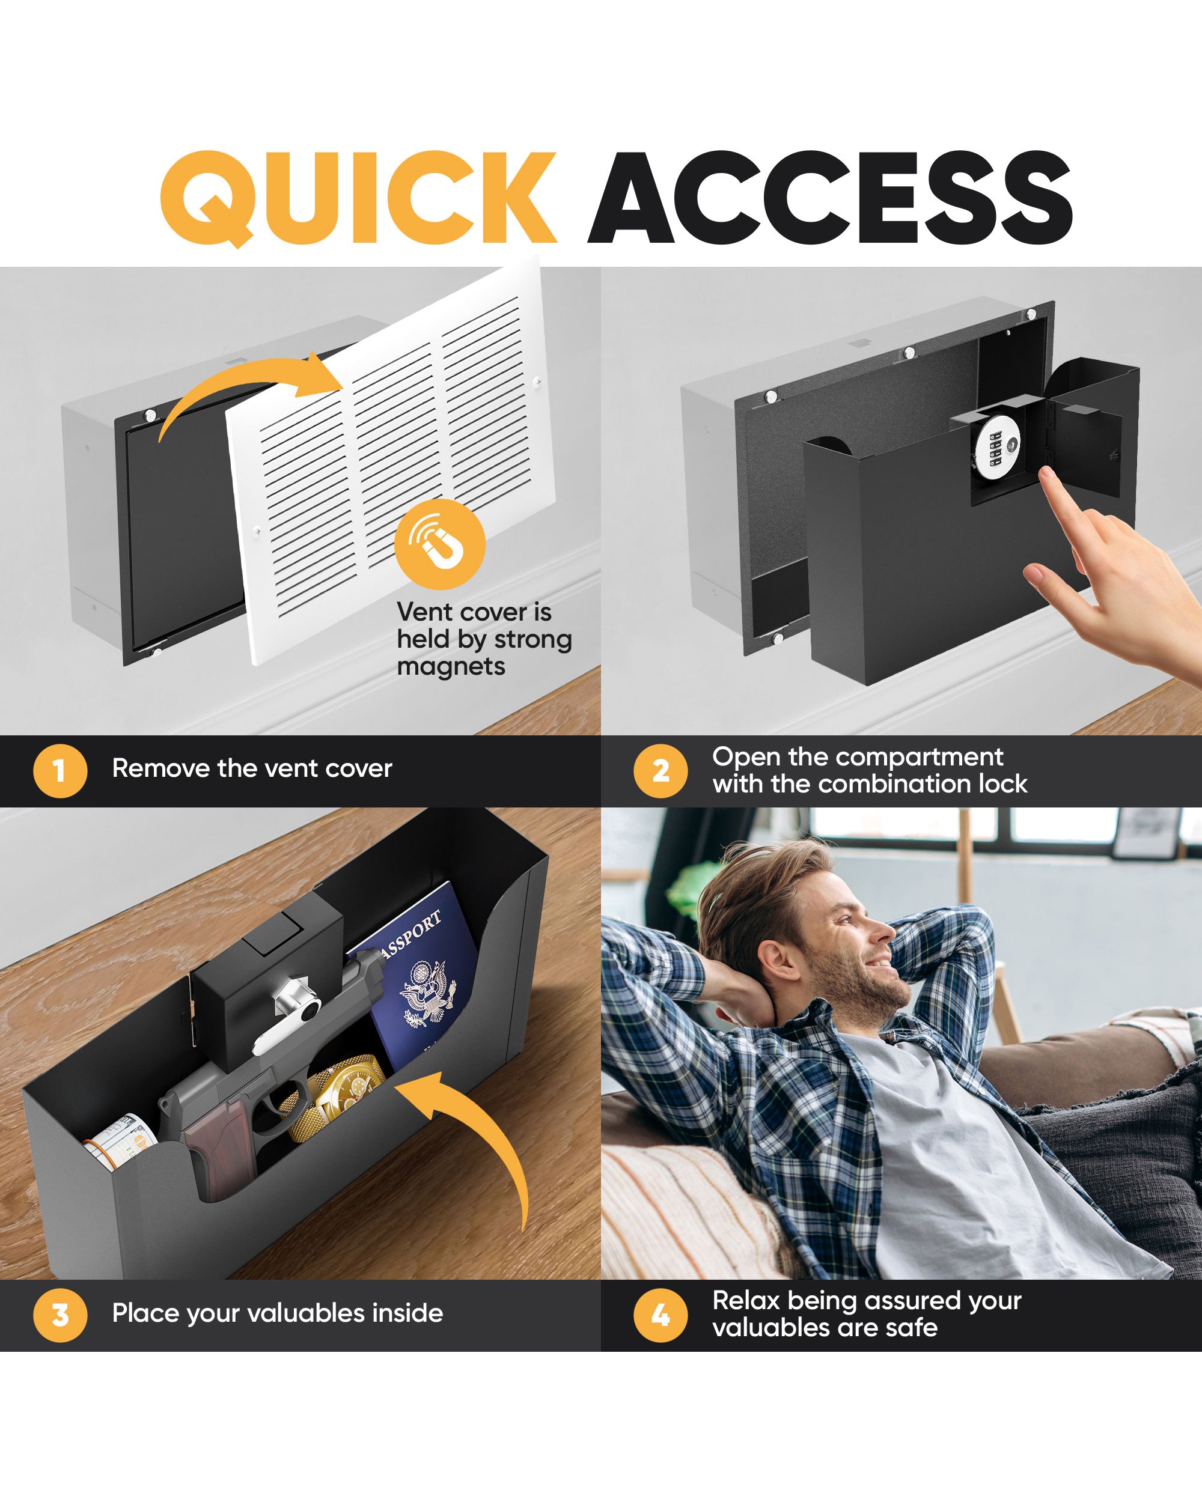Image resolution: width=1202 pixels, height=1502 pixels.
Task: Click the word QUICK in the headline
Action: point(358,198)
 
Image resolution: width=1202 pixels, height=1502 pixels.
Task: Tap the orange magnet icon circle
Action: point(440,544)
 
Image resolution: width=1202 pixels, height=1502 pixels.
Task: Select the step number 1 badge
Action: point(60,770)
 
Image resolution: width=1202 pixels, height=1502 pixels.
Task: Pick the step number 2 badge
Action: point(660,770)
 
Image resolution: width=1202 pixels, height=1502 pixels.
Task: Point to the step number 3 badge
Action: point(60,1315)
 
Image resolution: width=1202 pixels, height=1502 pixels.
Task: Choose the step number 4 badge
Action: point(660,1315)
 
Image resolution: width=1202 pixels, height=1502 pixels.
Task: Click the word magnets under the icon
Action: point(451,666)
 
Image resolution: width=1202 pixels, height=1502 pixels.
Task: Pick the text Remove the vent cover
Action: point(252,768)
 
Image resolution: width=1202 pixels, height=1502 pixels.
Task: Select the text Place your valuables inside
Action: point(277,1313)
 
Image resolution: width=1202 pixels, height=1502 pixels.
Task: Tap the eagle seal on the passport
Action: point(427,992)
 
